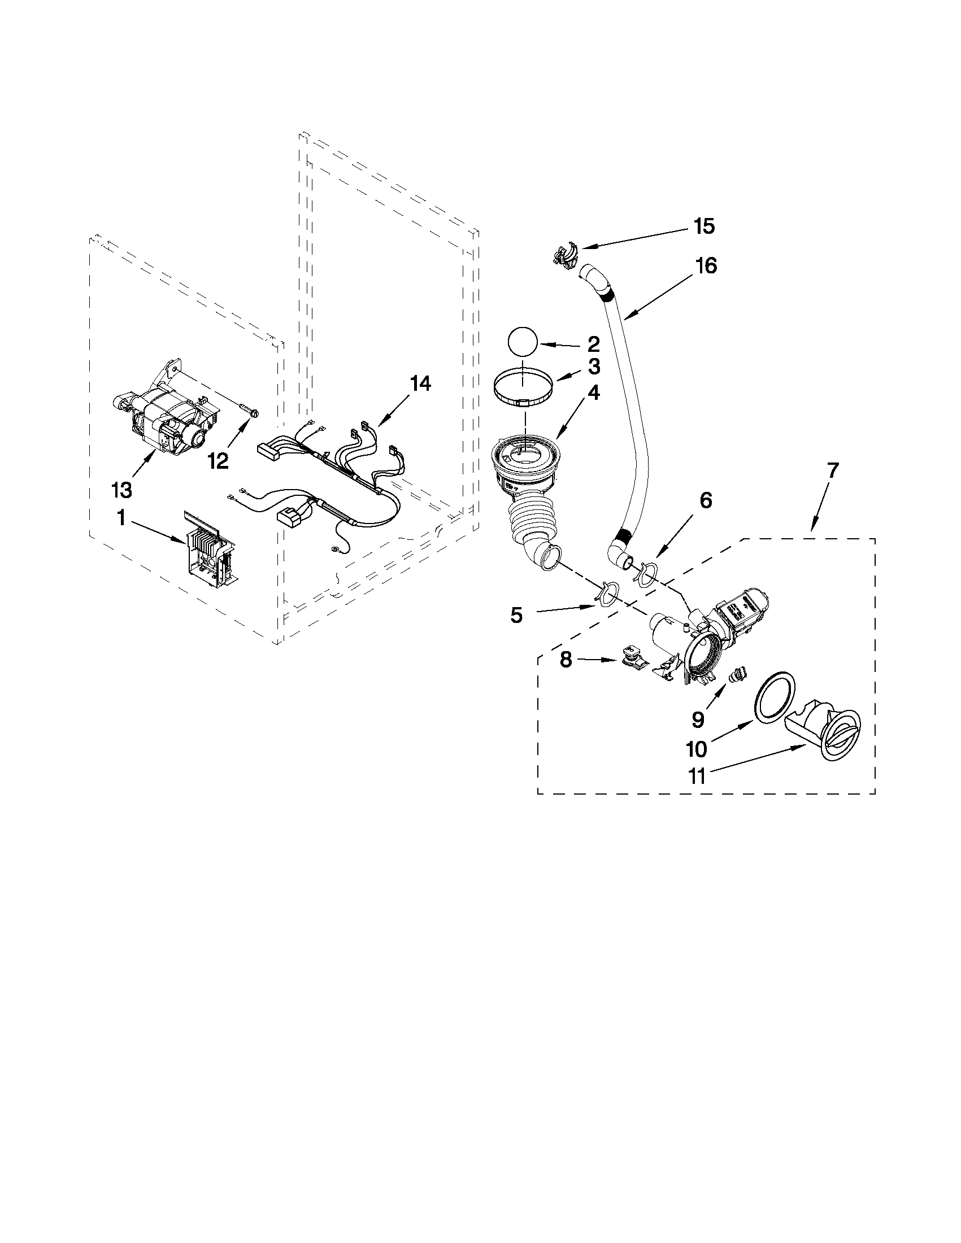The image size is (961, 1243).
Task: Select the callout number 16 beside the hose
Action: point(706,266)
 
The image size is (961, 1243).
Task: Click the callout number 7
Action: point(832,470)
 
